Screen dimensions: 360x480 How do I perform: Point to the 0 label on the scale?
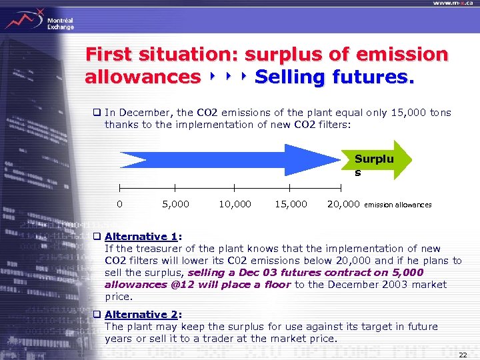point(119,204)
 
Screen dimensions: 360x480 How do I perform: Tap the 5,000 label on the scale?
point(175,204)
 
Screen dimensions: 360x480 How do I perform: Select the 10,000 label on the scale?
point(235,204)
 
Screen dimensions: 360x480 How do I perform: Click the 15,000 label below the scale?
point(291,204)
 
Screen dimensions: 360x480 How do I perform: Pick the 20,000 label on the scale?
point(343,204)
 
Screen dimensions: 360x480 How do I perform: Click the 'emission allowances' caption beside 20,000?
point(398,205)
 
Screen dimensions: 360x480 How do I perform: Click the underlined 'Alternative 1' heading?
point(141,237)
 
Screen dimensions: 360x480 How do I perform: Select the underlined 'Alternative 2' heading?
point(141,315)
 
